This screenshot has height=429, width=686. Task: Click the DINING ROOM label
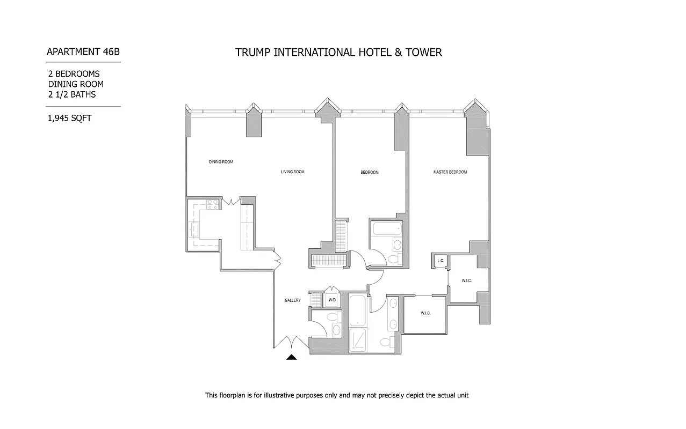coord(221,161)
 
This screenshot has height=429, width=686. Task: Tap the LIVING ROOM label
coord(293,172)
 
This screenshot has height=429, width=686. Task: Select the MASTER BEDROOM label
coord(450,172)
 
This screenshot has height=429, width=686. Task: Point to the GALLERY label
coord(293,300)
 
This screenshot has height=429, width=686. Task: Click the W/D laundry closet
coord(332,299)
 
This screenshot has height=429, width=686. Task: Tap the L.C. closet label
coord(441,261)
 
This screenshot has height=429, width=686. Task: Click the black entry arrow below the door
coord(291,357)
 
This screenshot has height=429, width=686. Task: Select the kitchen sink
coord(194,230)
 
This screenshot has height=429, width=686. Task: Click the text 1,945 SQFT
coord(69,119)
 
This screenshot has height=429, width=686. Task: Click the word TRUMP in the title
coord(253,52)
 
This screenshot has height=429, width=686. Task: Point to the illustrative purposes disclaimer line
coord(337,395)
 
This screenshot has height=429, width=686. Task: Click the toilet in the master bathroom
coord(385,343)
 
